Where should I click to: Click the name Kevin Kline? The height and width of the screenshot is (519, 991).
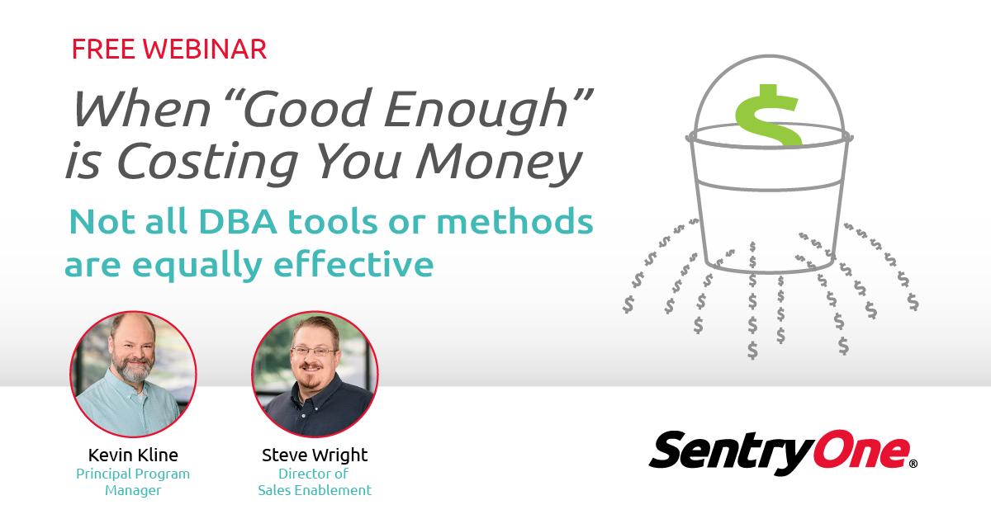click(133, 455)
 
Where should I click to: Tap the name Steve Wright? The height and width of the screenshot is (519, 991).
click(315, 455)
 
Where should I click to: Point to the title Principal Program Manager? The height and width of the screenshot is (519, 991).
click(133, 482)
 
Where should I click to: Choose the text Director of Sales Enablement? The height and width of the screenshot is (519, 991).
click(315, 482)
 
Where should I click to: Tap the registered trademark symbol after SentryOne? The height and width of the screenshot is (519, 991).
click(913, 465)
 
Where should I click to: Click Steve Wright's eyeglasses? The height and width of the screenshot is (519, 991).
click(315, 352)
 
